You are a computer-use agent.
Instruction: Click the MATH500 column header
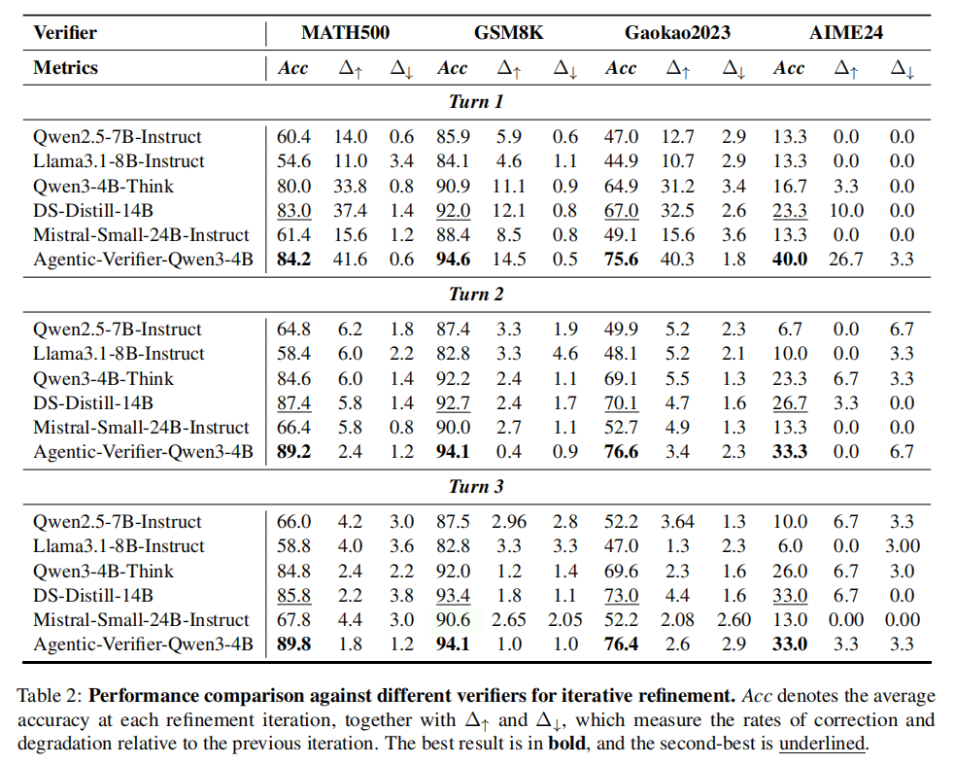[345, 32]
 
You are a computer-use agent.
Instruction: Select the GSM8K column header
[508, 32]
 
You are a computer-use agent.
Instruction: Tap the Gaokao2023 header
[677, 32]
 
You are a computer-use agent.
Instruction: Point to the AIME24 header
[846, 32]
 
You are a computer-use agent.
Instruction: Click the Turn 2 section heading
[476, 295]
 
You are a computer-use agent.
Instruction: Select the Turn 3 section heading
[476, 487]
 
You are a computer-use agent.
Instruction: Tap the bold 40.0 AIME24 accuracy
[789, 260]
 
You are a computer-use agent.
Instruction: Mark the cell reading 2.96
[510, 522]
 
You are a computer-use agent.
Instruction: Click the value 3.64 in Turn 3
[678, 522]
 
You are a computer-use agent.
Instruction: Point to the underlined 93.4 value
[453, 595]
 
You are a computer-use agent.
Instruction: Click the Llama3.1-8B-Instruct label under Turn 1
[119, 161]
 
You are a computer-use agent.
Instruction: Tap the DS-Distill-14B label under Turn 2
[93, 402]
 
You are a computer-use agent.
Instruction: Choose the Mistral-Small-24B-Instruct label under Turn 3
[141, 619]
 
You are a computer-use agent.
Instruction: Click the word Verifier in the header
[65, 33]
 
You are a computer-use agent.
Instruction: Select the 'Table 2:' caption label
[50, 696]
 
